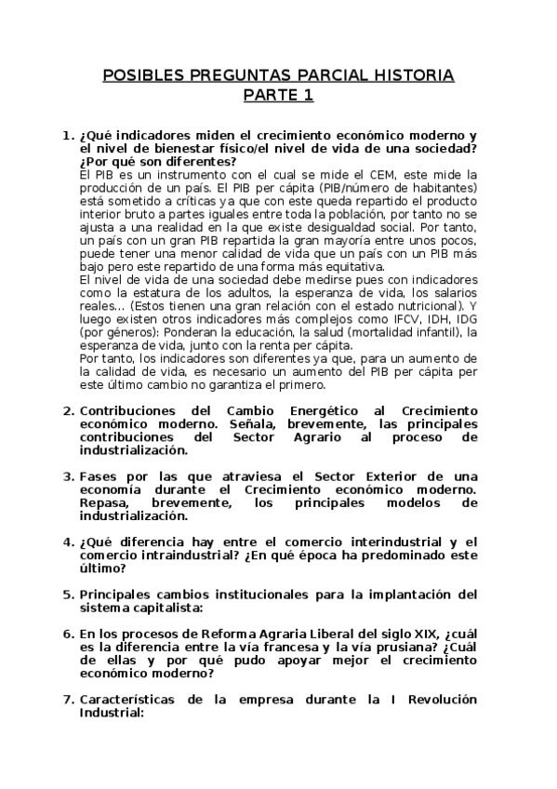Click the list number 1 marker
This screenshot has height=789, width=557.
click(x=66, y=136)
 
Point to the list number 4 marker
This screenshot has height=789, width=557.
click(x=66, y=542)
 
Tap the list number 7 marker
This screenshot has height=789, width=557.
click(x=66, y=700)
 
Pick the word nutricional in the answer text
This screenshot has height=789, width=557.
click(x=417, y=305)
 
